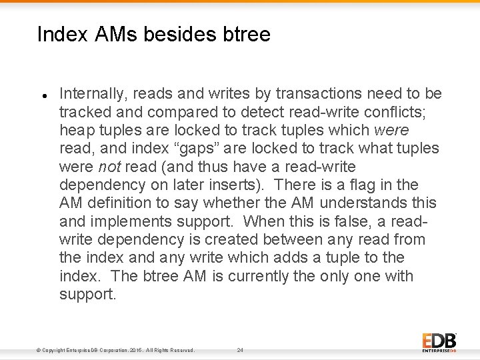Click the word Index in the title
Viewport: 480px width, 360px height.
click(62, 34)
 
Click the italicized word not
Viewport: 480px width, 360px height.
click(108, 167)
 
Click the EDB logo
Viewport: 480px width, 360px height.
click(439, 341)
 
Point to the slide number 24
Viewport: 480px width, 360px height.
click(240, 350)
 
